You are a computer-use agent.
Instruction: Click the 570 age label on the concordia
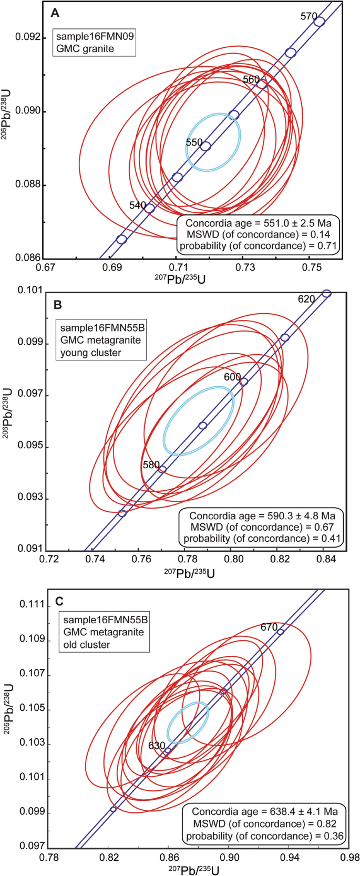pos(308,16)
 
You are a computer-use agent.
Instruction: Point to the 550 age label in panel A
pos(194,142)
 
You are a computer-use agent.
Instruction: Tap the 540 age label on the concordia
pos(138,205)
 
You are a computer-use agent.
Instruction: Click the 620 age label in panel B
pos(306,299)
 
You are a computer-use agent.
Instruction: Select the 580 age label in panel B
pos(151,465)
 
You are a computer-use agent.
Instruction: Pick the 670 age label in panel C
pos(269,627)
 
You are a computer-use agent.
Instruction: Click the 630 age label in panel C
pos(157,745)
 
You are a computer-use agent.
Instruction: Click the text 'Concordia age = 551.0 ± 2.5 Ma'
pos(258,223)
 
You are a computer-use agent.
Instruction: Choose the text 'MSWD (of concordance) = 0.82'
pos(264,823)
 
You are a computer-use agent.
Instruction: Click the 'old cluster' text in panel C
pos(87,644)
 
